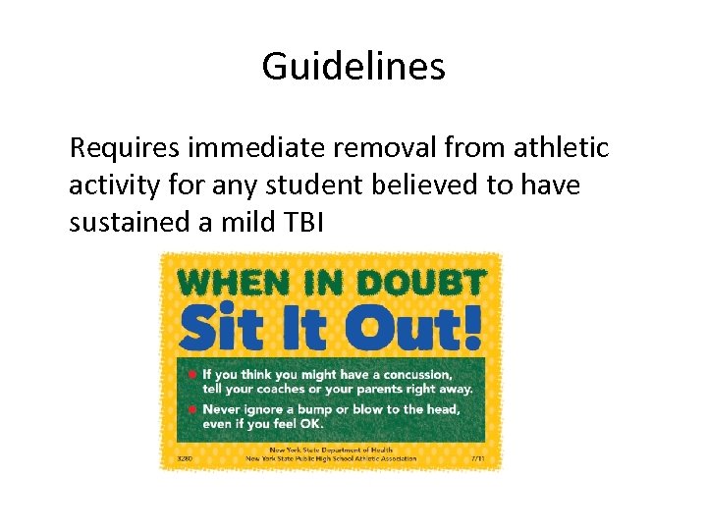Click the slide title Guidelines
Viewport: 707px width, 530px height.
point(353,67)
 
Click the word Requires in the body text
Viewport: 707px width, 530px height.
point(123,149)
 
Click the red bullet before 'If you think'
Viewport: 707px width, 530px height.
point(192,374)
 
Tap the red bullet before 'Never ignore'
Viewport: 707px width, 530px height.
point(192,408)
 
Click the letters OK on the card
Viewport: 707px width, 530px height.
point(308,423)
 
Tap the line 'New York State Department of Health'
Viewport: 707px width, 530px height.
point(331,450)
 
